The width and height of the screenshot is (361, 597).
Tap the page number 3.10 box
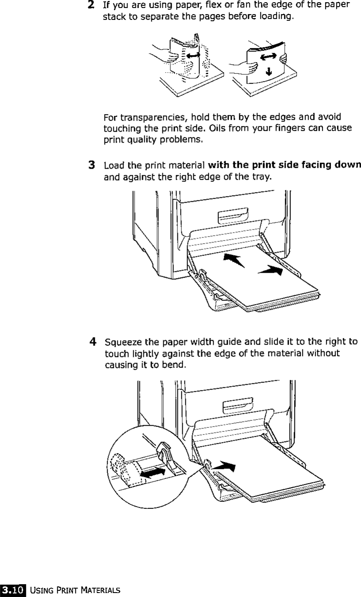coord(14,589)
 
